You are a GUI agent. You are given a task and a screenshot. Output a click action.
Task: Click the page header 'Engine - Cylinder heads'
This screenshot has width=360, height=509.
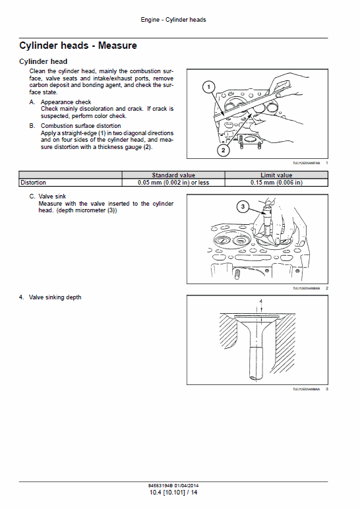pyautogui.click(x=173, y=20)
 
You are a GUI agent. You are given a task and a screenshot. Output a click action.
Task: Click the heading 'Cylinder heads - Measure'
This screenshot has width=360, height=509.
pyautogui.click(x=78, y=46)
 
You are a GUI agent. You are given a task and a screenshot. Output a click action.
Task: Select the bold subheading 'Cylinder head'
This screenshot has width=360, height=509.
pyautogui.click(x=44, y=61)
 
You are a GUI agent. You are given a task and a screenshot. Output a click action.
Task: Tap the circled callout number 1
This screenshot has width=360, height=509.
pyautogui.click(x=208, y=87)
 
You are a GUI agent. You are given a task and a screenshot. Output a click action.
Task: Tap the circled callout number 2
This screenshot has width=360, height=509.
pyautogui.click(x=224, y=150)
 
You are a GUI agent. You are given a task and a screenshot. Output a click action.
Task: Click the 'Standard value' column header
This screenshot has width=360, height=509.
pyautogui.click(x=173, y=175)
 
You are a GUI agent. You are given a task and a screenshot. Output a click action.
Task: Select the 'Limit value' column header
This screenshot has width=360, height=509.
pyautogui.click(x=276, y=175)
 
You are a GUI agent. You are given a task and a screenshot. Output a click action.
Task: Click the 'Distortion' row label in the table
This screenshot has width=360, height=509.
pyautogui.click(x=34, y=183)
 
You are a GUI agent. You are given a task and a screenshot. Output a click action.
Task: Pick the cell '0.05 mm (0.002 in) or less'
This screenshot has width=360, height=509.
pyautogui.click(x=173, y=183)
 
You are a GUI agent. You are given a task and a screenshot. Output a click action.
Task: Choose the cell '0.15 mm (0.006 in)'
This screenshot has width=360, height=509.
pyautogui.click(x=276, y=183)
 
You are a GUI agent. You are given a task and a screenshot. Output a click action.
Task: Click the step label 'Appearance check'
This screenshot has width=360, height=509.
pyautogui.click(x=66, y=102)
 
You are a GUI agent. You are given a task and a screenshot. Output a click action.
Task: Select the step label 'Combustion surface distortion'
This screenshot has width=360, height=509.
pyautogui.click(x=80, y=125)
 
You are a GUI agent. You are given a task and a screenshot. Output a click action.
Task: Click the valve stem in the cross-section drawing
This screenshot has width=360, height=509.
pyautogui.click(x=255, y=359)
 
